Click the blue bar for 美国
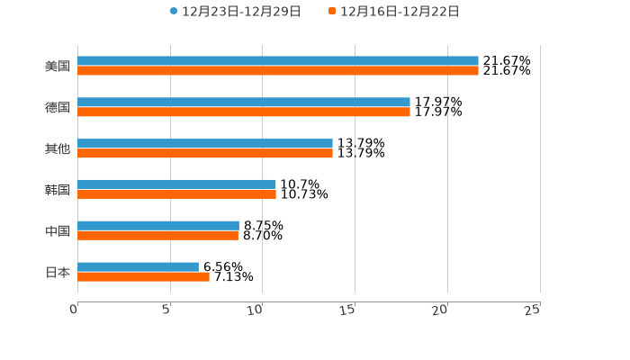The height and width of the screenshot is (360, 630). tap(278, 61)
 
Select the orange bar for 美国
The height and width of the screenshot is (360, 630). tap(278, 71)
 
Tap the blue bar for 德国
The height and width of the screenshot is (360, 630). tap(244, 103)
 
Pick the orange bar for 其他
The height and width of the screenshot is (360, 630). tap(205, 154)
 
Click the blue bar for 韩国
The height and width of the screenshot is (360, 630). tap(176, 184)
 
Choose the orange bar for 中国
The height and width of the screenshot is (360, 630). tap(158, 236)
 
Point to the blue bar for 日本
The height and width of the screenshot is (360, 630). tap(139, 266)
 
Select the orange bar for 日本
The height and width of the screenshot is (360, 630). tap(144, 276)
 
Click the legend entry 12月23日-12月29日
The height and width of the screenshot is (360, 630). tap(241, 12)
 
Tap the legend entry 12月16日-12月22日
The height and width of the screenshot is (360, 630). tap(400, 12)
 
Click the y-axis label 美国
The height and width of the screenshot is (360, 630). tap(58, 67)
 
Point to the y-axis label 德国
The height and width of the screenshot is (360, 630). tap(58, 108)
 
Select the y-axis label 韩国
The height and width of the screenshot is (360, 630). tap(58, 190)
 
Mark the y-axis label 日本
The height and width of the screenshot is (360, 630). tap(58, 272)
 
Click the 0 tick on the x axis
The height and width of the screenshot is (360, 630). tap(75, 310)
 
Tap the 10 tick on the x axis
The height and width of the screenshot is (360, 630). tap(257, 310)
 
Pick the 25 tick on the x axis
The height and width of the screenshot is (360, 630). tap(533, 310)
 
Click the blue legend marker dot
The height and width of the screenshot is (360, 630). tap(174, 12)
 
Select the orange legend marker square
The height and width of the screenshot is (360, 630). tap(332, 12)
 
